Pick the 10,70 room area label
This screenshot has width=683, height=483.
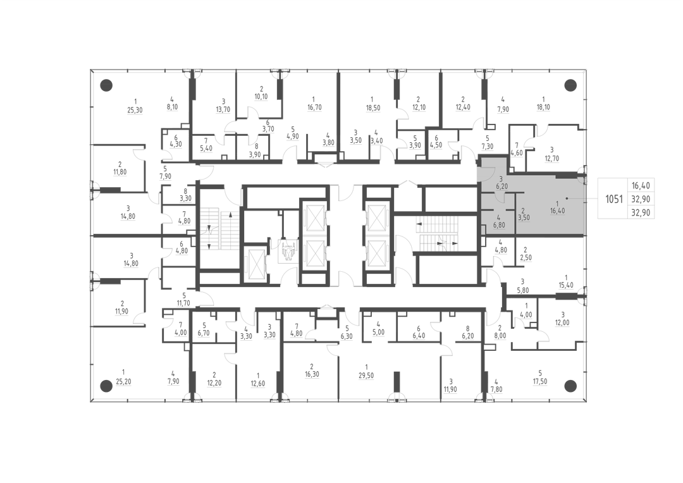261,96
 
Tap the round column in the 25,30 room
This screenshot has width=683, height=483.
106,85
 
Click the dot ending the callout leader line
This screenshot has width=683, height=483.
567,199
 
